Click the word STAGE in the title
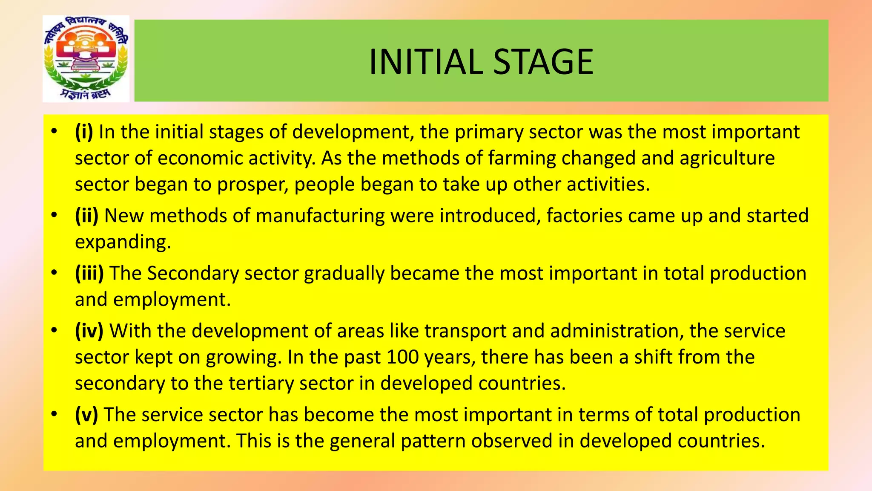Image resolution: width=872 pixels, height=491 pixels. point(543,62)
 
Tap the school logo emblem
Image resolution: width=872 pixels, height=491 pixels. point(86,59)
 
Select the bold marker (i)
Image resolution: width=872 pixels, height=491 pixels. point(84,132)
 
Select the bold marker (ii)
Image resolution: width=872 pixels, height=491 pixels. point(86,216)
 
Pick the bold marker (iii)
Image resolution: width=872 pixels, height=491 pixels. point(89,273)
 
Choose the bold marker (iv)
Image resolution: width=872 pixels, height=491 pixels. point(89,331)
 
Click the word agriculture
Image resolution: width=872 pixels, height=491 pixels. point(727,159)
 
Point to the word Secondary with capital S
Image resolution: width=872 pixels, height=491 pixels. point(193,274)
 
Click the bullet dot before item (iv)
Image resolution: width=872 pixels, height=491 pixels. point(54,330)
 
